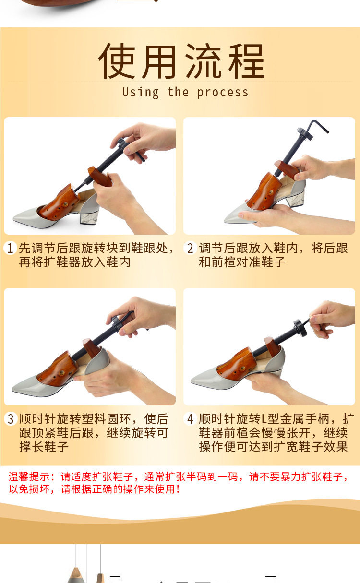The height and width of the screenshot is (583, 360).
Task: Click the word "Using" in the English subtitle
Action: coord(141,93)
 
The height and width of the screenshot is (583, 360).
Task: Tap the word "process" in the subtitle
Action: coord(223,93)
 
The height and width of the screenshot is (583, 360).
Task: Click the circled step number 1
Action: coord(10,248)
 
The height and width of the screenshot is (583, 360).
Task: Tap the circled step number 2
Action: coord(190,248)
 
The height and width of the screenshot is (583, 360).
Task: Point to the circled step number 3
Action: coord(11,419)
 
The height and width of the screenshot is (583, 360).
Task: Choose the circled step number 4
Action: coord(190,419)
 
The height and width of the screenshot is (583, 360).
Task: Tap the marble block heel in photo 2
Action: coord(296,199)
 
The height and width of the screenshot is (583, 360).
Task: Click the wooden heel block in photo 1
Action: coord(100,177)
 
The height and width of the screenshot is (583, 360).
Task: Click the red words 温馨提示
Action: coord(29,477)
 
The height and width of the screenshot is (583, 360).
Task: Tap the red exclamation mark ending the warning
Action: coord(178,489)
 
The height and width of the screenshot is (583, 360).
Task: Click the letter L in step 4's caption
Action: coord(263,419)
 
